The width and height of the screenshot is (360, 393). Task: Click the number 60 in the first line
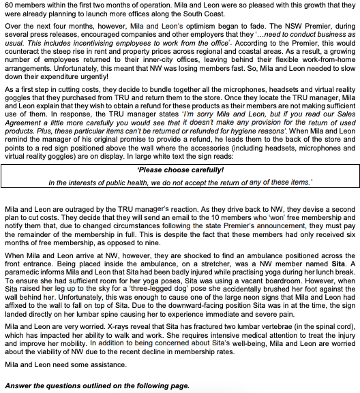pos(8,4)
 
